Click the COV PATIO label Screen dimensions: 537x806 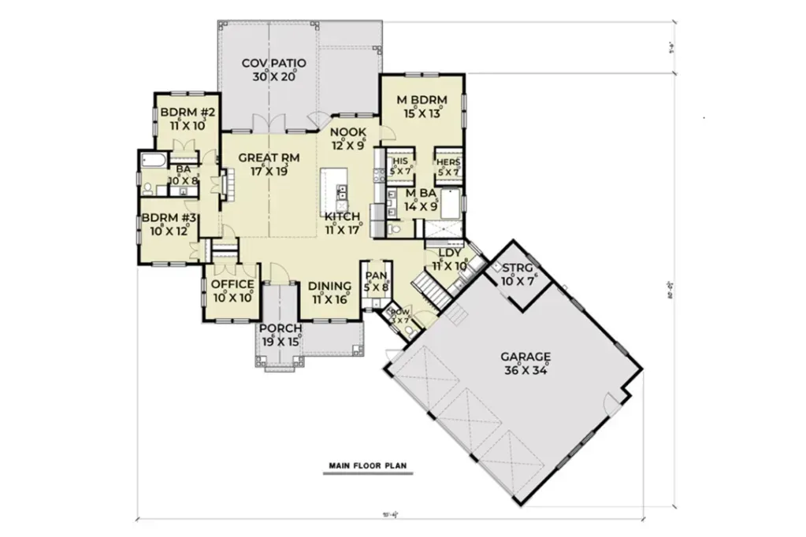(273, 63)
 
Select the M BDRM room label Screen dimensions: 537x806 (422, 100)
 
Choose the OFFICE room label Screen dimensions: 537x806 (232, 284)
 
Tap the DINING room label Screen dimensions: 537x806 (329, 286)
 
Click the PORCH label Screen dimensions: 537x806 (281, 328)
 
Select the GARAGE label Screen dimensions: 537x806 (525, 355)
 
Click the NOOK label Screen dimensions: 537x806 (347, 131)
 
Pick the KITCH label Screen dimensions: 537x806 (343, 217)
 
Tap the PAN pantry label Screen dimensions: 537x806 (376, 275)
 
